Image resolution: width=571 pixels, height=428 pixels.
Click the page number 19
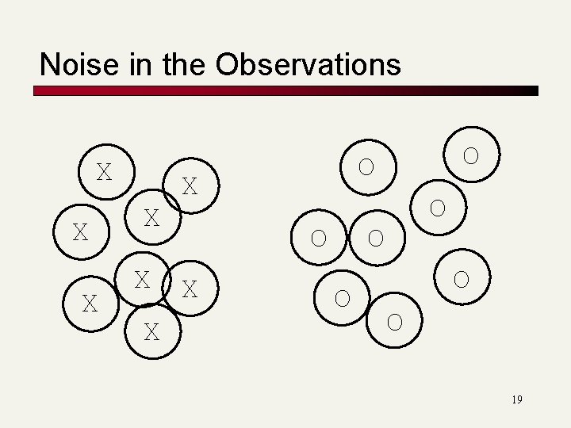coord(516,399)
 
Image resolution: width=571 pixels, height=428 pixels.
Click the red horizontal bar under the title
coord(285,91)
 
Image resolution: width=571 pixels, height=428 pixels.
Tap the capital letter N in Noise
coord(48,64)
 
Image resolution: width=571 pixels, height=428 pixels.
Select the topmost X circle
coord(104,171)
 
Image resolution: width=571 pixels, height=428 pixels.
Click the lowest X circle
coord(151,332)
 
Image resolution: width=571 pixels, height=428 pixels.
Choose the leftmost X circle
coord(80,232)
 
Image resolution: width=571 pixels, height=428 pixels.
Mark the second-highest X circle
coord(190,186)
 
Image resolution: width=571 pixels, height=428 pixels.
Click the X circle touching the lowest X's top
coord(143,279)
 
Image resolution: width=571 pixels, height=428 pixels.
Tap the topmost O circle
coord(471,155)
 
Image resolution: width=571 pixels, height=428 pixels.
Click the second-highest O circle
coord(366,167)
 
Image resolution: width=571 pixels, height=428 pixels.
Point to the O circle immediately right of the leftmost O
coord(376,237)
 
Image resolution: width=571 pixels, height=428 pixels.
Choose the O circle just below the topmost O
coord(437,208)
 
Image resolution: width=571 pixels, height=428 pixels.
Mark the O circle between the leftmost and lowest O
coord(343,297)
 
